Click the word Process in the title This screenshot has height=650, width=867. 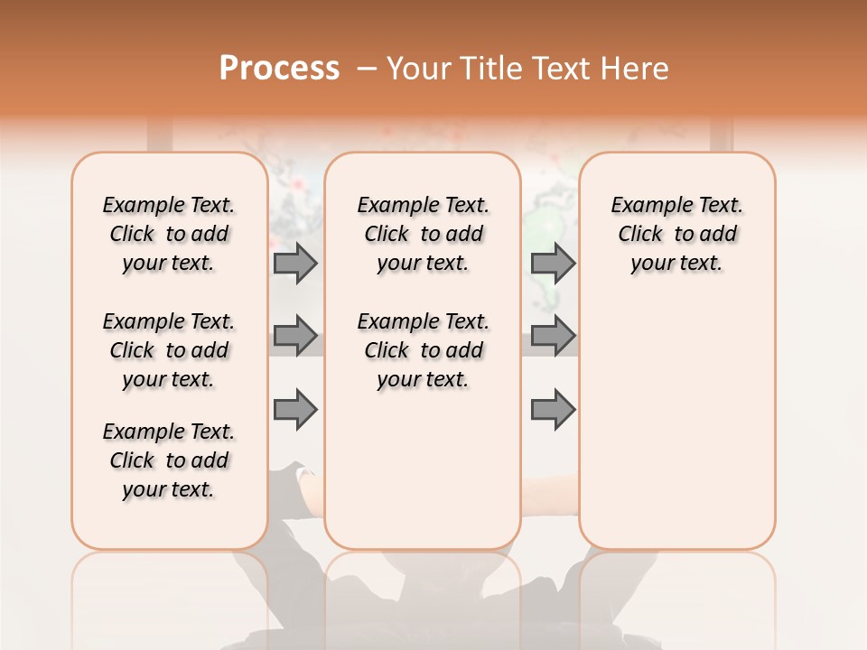point(279,69)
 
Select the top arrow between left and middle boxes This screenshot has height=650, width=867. point(295,263)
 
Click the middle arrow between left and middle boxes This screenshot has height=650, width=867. point(295,336)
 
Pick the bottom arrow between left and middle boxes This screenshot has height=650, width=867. point(295,409)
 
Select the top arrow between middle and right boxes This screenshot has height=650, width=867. point(553,263)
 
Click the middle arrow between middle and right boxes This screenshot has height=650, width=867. point(553,336)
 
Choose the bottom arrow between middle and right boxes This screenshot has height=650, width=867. point(553,409)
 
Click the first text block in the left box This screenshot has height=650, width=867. point(169,234)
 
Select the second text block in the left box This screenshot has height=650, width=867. point(169,350)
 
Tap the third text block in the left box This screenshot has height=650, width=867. point(169,460)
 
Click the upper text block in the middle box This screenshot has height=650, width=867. point(423,234)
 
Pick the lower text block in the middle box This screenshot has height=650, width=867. point(423,350)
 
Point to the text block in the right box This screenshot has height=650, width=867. point(676,234)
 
